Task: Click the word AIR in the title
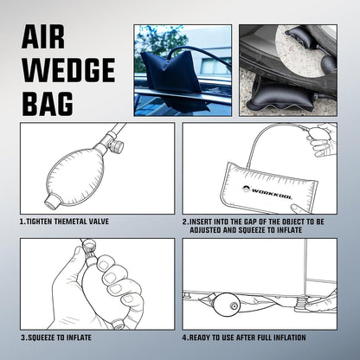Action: [43, 36]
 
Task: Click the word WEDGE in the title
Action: [68, 70]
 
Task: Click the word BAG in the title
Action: [48, 103]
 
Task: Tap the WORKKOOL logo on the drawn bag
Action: [267, 192]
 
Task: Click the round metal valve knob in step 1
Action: [117, 146]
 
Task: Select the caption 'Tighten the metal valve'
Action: [64, 222]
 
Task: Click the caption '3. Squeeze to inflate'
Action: [56, 337]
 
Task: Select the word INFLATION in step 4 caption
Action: [289, 337]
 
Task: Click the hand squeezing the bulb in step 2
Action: [322, 139]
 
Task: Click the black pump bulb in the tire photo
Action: [328, 64]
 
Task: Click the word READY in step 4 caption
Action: [199, 337]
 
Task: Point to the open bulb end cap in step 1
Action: [54, 200]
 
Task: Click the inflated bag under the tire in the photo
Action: [284, 95]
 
